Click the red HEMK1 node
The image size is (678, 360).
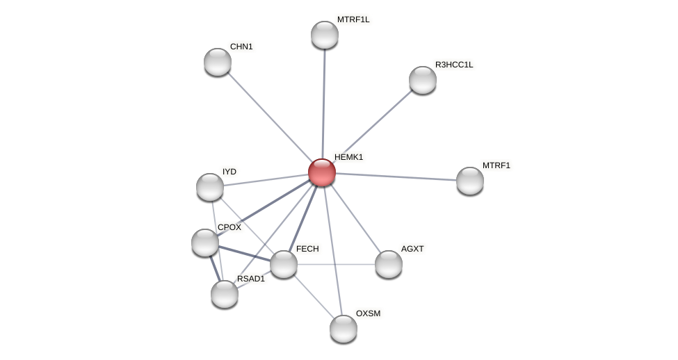[x=322, y=172]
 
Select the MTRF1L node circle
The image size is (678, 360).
[x=325, y=35]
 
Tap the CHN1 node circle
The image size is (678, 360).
[x=218, y=62]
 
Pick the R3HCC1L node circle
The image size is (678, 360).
[x=423, y=80]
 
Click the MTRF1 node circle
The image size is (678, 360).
[x=470, y=181]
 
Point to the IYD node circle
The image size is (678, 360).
[x=210, y=187]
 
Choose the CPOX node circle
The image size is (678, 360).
[x=205, y=243]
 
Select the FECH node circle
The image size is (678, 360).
[x=284, y=264]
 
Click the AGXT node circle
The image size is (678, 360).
[x=389, y=264]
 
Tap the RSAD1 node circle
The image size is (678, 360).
[x=225, y=294]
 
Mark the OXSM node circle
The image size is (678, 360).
[x=344, y=329]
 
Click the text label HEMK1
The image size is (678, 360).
[x=348, y=157]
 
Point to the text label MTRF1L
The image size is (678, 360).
[x=353, y=19]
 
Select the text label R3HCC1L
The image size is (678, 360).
[x=453, y=65]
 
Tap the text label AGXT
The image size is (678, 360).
[x=412, y=248]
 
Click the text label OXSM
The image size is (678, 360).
[x=368, y=313]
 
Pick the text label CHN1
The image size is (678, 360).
[x=241, y=47]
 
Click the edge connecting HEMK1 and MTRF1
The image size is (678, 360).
[x=396, y=177]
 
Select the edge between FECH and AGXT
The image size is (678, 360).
[x=337, y=264]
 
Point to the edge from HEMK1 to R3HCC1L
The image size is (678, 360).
[x=373, y=126]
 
